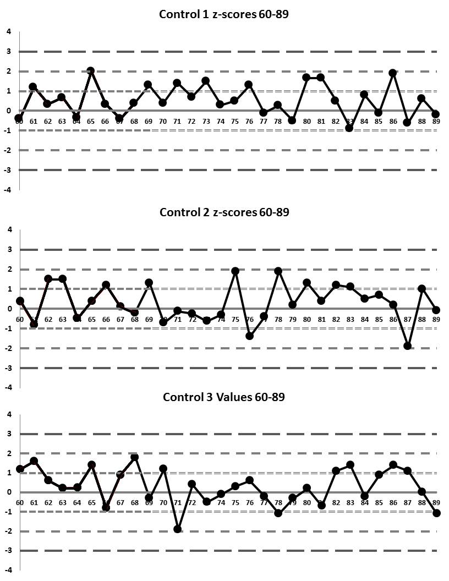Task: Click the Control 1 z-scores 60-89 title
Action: click(223, 14)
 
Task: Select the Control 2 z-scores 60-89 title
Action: click(223, 212)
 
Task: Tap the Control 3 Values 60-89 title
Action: click(223, 397)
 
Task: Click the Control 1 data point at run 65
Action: click(91, 71)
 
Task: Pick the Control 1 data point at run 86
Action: click(393, 73)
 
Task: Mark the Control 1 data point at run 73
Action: click(205, 81)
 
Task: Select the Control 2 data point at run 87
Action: click(407, 346)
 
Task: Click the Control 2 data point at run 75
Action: click(235, 271)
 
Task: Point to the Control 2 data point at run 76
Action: click(249, 336)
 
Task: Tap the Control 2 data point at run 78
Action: click(278, 271)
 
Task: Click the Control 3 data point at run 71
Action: click(177, 529)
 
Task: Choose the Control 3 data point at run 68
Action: click(134, 457)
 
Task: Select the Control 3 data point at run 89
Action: click(436, 513)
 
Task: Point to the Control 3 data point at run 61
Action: click(34, 461)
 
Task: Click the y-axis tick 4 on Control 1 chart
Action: click(8, 31)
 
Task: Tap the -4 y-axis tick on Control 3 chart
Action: click(7, 571)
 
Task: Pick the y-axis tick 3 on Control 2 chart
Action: click(8, 249)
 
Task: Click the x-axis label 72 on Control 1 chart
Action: click(191, 121)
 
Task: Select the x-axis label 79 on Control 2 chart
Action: click(292, 319)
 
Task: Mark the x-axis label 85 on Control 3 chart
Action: click(379, 502)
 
